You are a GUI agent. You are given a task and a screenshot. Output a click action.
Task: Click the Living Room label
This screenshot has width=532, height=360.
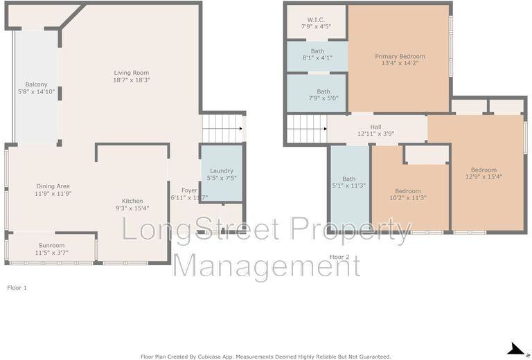(x=132, y=73)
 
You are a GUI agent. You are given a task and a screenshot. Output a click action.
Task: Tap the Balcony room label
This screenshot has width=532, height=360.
(x=37, y=84)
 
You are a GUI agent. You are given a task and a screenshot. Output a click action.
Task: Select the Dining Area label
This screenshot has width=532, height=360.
(x=53, y=186)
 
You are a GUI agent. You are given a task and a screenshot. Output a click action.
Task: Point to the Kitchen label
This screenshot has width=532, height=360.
(x=132, y=201)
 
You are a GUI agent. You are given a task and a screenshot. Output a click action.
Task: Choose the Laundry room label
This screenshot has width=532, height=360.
(x=221, y=171)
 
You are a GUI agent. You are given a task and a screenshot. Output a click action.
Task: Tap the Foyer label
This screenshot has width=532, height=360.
(x=189, y=190)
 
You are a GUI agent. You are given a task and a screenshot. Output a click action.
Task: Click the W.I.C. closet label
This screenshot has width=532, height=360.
(x=316, y=19)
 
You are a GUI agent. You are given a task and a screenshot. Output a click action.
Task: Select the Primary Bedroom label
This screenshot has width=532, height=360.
(x=400, y=56)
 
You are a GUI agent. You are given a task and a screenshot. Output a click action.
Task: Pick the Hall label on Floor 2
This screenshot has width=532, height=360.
(x=375, y=127)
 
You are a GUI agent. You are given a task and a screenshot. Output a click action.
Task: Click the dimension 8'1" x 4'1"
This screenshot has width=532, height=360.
(x=317, y=58)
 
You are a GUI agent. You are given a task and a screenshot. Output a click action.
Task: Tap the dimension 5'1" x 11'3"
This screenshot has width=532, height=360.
(x=348, y=186)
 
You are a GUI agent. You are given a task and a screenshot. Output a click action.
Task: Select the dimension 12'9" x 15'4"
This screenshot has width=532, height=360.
(x=484, y=177)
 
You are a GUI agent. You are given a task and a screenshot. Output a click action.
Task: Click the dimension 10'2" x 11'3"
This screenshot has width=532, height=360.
(x=407, y=198)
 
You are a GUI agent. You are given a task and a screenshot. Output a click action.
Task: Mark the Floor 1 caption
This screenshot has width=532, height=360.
(x=17, y=287)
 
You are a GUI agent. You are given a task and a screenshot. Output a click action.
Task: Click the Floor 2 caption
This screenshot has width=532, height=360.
(x=339, y=257)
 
